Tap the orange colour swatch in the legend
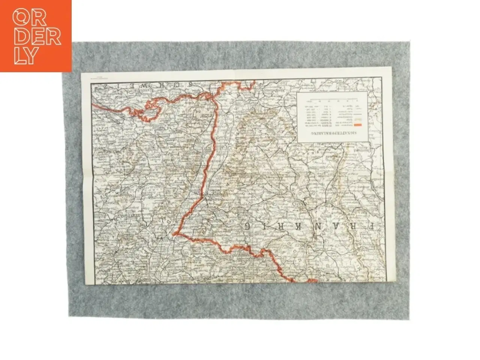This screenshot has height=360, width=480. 358,126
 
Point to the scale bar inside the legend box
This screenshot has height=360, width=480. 332,100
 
